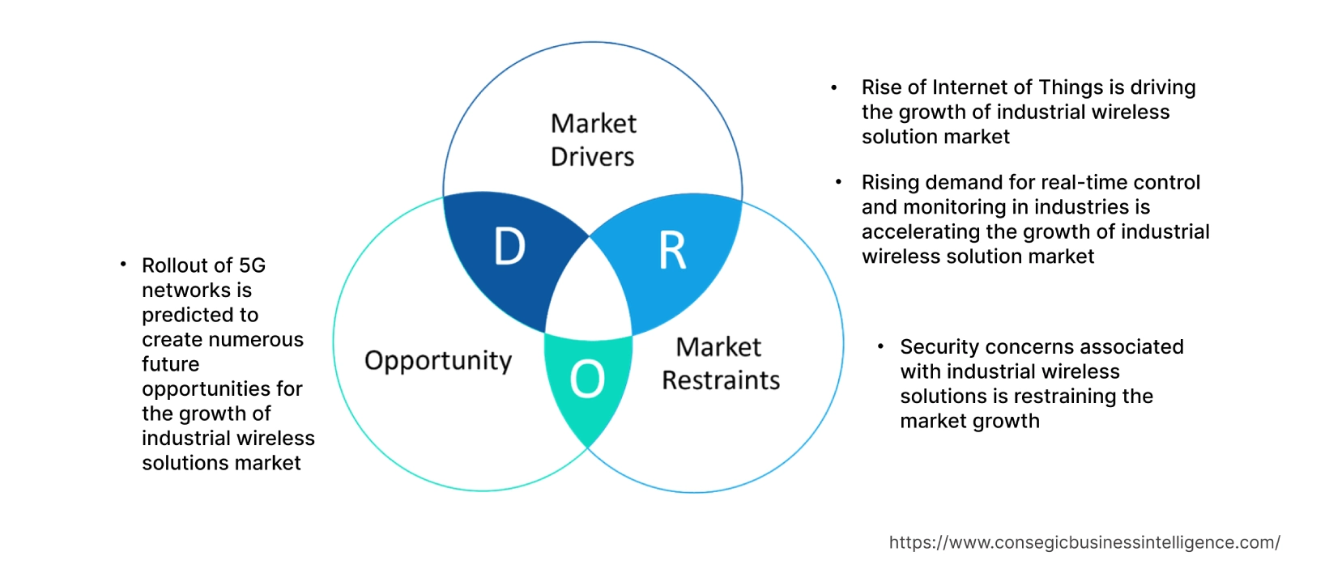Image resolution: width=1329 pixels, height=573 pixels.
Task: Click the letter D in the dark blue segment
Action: pyautogui.click(x=509, y=247)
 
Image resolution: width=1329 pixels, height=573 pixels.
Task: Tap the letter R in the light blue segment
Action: pyautogui.click(x=672, y=251)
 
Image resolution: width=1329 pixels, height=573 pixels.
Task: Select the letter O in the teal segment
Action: pyautogui.click(x=587, y=379)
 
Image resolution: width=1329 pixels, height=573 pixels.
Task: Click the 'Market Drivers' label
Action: pyautogui.click(x=593, y=140)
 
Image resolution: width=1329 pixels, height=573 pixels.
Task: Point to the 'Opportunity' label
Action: pyautogui.click(x=438, y=360)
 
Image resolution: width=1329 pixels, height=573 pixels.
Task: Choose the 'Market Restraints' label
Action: pyautogui.click(x=720, y=363)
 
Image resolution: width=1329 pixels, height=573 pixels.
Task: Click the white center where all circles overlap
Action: pyautogui.click(x=590, y=291)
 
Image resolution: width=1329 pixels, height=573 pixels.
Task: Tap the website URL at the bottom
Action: pyautogui.click(x=1084, y=542)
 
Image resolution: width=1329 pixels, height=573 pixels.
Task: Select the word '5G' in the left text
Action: pyautogui.click(x=252, y=265)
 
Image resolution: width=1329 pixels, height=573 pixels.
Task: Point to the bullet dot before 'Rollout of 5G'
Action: pyautogui.click(x=123, y=264)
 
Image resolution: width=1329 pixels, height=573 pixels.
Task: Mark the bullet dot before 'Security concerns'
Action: pyautogui.click(x=880, y=346)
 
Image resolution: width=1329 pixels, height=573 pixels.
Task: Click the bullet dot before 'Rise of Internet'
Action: pyautogui.click(x=834, y=87)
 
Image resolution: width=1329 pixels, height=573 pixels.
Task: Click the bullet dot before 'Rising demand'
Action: pyautogui.click(x=838, y=182)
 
